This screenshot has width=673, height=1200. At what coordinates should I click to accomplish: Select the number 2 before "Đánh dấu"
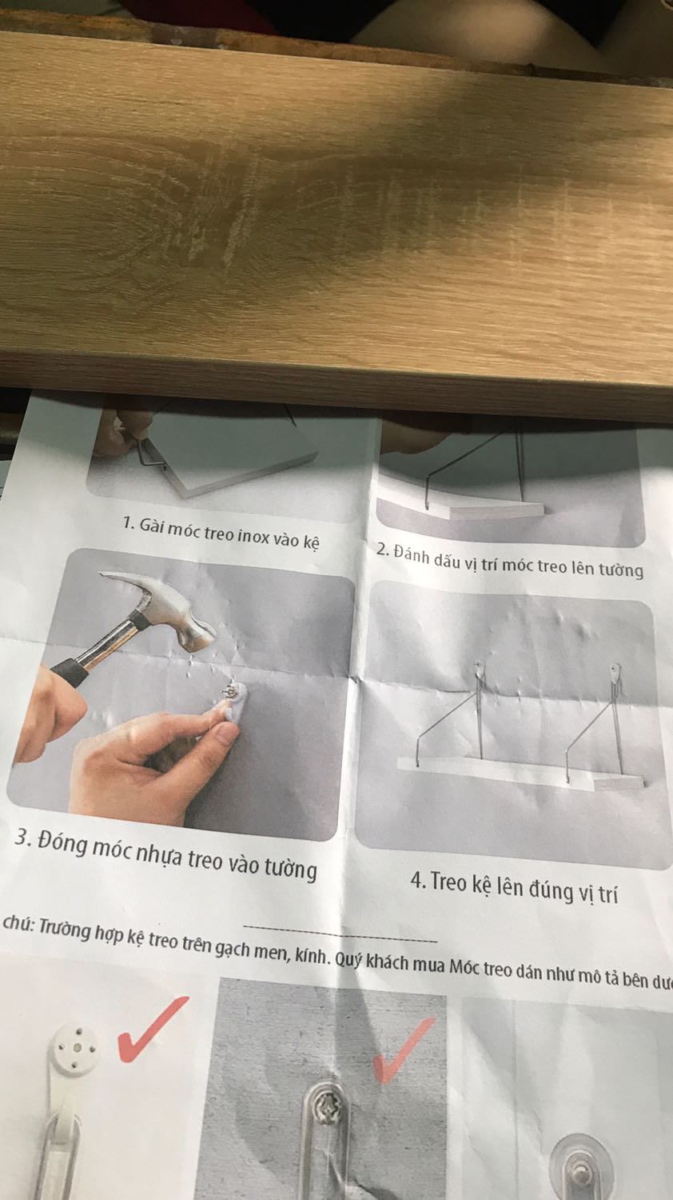(382, 549)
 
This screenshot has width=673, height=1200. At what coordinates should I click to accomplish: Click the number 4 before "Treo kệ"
(417, 880)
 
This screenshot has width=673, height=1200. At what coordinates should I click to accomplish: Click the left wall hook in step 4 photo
(480, 670)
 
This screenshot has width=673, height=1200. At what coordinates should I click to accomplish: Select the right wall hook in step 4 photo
(615, 671)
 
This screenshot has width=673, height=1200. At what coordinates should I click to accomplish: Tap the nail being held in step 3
(230, 692)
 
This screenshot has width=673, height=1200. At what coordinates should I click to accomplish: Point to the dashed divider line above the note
(340, 932)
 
